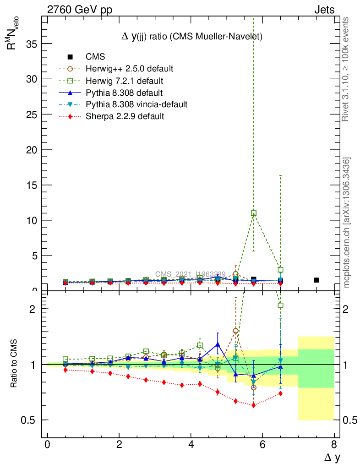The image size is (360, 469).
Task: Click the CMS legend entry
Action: pyautogui.click(x=95, y=57)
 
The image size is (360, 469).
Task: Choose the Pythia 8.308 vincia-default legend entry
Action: pyautogui.click(x=136, y=104)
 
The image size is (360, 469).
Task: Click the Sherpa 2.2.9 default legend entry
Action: pyautogui.click(x=125, y=116)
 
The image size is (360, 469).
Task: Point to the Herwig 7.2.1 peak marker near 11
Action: pyautogui.click(x=254, y=213)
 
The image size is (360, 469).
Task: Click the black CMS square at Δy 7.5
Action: pyautogui.click(x=316, y=280)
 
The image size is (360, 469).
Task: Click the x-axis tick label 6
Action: pyautogui.click(x=262, y=445)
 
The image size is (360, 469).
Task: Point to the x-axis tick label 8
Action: pyautogui.click(x=334, y=445)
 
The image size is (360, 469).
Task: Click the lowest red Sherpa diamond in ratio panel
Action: pyautogui.click(x=254, y=405)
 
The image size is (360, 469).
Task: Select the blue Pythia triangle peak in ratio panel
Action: pyautogui.click(x=218, y=344)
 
